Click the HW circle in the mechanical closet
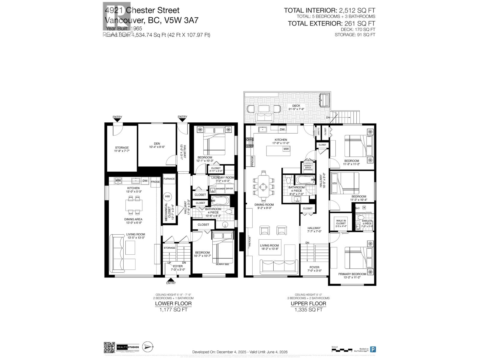click(x=167, y=196)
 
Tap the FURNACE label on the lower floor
click(x=169, y=179)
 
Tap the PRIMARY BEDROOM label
click(x=352, y=274)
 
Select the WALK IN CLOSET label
click(x=341, y=222)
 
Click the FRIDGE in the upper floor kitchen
click(x=252, y=161)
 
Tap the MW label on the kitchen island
click(x=286, y=149)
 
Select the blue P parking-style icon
click(x=373, y=349)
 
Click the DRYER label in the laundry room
click(x=229, y=189)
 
